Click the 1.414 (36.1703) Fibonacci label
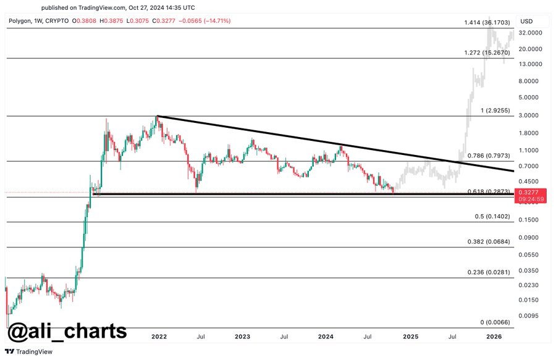pyautogui.click(x=487, y=23)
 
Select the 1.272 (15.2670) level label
pyautogui.click(x=487, y=53)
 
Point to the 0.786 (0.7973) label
pyautogui.click(x=488, y=156)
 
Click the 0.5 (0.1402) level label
pyautogui.click(x=492, y=216)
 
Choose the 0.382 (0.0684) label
pyautogui.click(x=488, y=241)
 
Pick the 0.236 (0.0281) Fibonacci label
pyautogui.click(x=488, y=272)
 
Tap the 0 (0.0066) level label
pyautogui.click(x=495, y=322)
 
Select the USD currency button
pyautogui.click(x=526, y=21)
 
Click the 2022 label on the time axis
pyautogui.click(x=159, y=337)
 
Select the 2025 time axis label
pyautogui.click(x=410, y=337)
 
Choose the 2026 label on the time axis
pyautogui.click(x=494, y=337)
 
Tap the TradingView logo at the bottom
pyautogui.click(x=30, y=352)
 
